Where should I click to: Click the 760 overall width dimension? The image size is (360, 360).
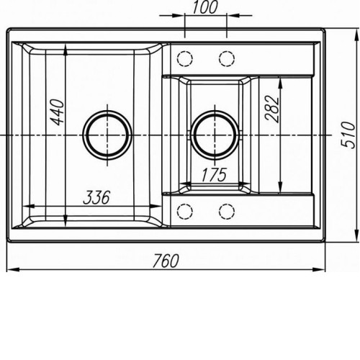click(x=166, y=261)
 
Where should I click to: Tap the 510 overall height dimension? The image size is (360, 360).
click(x=348, y=135)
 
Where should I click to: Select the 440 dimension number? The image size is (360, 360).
click(x=58, y=112)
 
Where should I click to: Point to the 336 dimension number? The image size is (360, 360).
click(x=96, y=198)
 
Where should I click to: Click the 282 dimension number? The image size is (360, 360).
click(x=272, y=109)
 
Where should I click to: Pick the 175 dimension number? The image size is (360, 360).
click(x=214, y=175)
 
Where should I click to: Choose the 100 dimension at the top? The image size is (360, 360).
click(x=205, y=7)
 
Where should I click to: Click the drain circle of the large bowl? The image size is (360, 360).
click(x=107, y=135)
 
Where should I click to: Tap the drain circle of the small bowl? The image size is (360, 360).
click(x=215, y=135)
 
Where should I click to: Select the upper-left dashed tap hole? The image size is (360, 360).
click(x=185, y=58)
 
